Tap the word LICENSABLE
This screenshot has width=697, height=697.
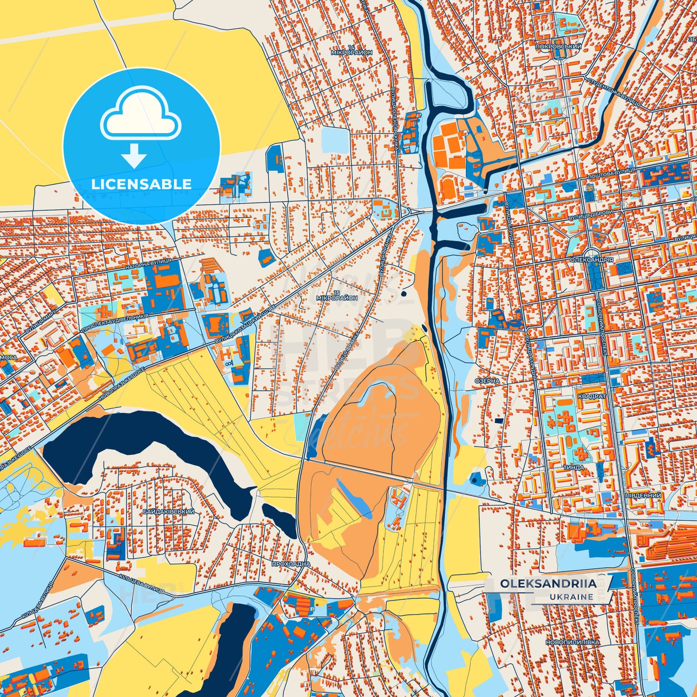click(141, 184)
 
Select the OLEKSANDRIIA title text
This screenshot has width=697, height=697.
click(548, 584)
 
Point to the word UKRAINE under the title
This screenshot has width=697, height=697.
click(571, 597)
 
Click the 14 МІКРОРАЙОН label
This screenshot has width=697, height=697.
click(352, 50)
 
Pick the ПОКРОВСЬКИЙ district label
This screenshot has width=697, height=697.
click(558, 47)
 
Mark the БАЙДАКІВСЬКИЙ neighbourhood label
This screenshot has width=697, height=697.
click(168, 511)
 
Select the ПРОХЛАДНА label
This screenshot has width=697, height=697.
click(291, 564)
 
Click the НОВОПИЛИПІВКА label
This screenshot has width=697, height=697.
click(572, 642)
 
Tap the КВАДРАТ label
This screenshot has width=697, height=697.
click(591, 396)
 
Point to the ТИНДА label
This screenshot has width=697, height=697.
click(574, 467)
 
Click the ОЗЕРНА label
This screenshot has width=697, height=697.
click(487, 381)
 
